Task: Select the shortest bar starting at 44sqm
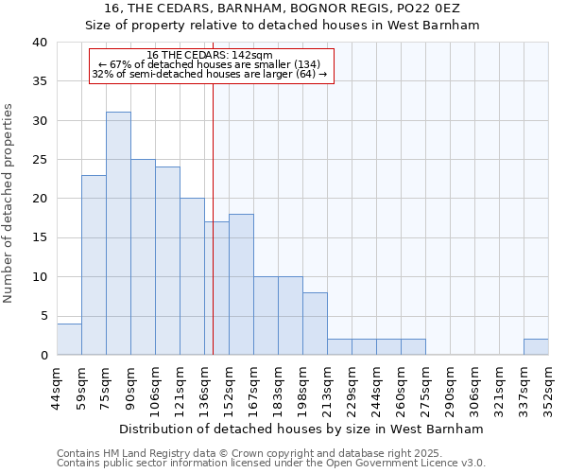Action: [69, 340]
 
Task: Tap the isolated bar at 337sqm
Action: [536, 347]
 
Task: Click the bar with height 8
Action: [315, 324]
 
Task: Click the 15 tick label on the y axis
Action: [40, 237]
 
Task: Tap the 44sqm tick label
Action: [58, 387]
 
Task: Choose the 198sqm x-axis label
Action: [303, 387]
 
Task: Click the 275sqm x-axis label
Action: [426, 387]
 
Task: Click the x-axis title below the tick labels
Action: [302, 429]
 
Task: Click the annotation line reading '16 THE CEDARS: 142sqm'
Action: [211, 55]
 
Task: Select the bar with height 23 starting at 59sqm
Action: [94, 265]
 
